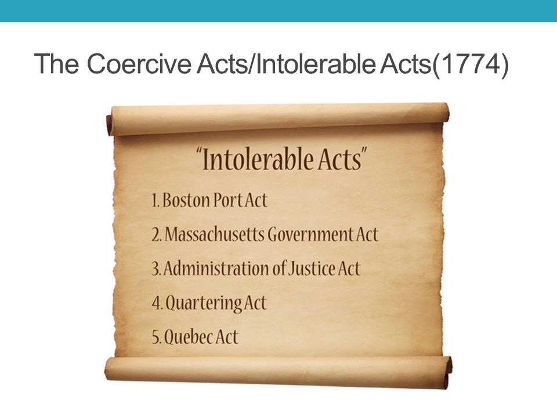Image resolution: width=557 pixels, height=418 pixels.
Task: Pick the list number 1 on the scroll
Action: click(154, 201)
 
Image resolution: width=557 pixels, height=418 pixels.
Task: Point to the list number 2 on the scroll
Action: click(155, 235)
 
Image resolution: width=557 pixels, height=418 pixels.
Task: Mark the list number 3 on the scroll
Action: click(155, 269)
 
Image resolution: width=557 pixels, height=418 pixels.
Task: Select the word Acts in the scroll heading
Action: click(335, 160)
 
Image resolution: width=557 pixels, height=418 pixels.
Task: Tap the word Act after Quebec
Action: click(227, 337)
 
